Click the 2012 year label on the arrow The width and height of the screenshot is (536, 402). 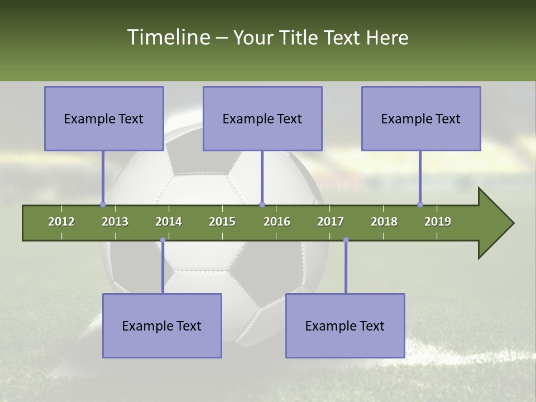click(x=61, y=222)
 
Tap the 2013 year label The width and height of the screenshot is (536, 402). click(x=115, y=222)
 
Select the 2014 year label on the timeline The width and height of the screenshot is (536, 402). click(x=169, y=222)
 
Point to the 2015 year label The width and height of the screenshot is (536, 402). click(x=222, y=222)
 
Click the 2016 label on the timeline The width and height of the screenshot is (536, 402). click(x=277, y=222)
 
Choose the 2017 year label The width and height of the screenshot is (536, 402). click(x=331, y=222)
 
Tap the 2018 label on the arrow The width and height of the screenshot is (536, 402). click(x=384, y=222)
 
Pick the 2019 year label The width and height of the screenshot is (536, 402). click(x=438, y=222)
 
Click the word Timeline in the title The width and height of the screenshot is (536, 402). click(x=167, y=37)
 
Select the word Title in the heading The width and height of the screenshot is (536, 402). click(x=299, y=37)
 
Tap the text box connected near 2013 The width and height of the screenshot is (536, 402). click(x=104, y=118)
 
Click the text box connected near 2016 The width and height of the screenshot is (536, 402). click(x=262, y=118)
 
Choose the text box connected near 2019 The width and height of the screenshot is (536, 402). click(x=421, y=118)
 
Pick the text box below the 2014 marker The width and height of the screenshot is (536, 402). click(x=162, y=326)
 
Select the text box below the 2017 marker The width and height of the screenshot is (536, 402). click(x=345, y=326)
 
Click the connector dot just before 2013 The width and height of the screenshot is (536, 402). click(x=103, y=204)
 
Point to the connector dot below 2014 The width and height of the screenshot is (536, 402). click(x=162, y=240)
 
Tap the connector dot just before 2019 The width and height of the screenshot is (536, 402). click(x=420, y=204)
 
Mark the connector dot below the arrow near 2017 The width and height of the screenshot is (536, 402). click(x=346, y=240)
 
